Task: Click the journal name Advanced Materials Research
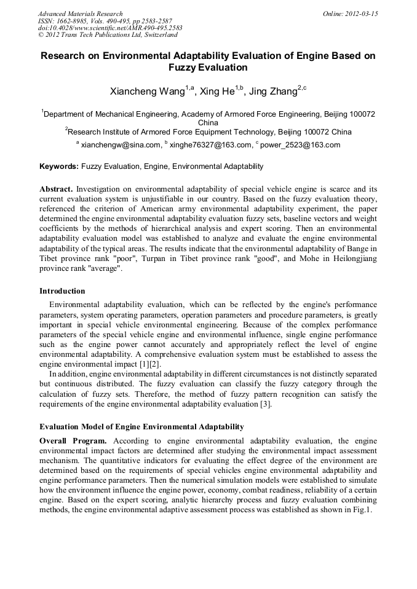(80, 14)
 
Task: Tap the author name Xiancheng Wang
(147, 92)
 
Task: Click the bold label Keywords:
(59, 166)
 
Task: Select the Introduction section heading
(62, 291)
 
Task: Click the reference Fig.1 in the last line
(366, 510)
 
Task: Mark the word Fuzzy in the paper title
(187, 68)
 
